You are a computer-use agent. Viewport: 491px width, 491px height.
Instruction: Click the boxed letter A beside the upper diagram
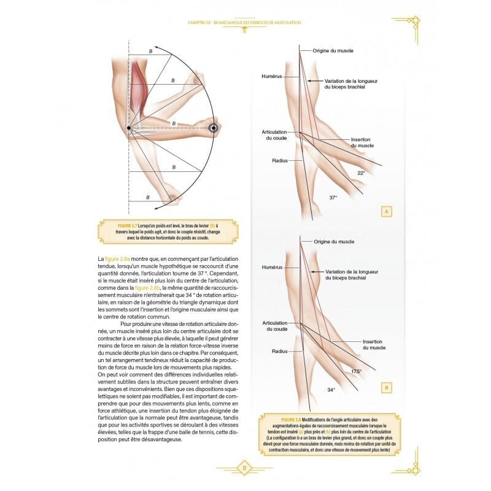[x=387, y=212]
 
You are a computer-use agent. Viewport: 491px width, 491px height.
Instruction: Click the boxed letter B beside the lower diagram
[x=387, y=388]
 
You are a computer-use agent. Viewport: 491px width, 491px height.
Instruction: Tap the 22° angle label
[x=361, y=173]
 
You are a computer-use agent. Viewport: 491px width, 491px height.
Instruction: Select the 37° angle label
[x=333, y=198]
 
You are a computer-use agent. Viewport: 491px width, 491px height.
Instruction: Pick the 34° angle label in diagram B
[x=331, y=390]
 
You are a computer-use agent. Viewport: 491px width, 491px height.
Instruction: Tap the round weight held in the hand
[x=214, y=128]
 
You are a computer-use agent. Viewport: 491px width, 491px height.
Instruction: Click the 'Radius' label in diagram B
[x=279, y=351]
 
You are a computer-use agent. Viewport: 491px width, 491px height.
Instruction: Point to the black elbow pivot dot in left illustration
[x=128, y=128]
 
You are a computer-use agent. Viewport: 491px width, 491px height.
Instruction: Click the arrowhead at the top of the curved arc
[x=156, y=47]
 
